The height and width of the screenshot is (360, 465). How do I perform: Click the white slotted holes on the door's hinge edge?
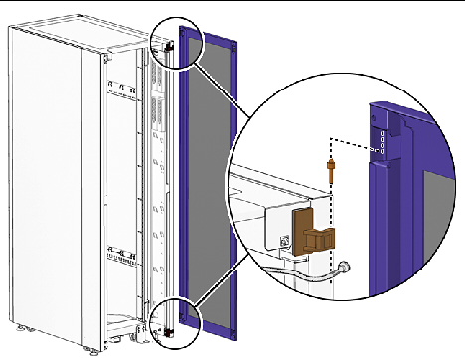[x=379, y=140]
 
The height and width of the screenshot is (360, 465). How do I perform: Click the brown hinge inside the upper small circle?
[x=170, y=45]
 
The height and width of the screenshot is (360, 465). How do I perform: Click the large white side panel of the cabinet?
[x=50, y=179]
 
